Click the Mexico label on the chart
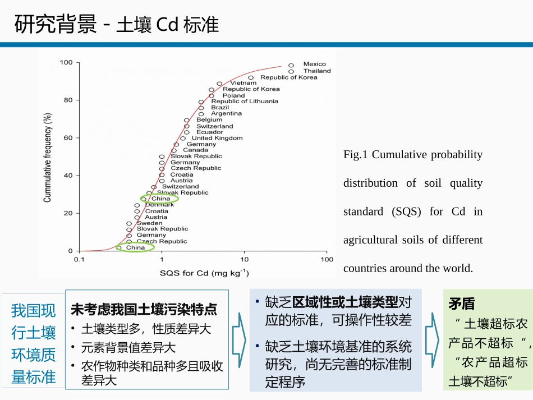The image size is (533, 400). tap(314, 65)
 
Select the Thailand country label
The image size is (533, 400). tap(317, 71)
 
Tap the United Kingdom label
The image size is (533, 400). tap(217, 138)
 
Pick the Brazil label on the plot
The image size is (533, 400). tap(220, 107)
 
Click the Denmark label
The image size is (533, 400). tap(159, 205)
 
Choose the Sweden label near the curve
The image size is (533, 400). tap(150, 223)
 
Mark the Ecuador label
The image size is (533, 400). tap(209, 132)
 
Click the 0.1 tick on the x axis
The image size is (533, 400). tap(79, 259)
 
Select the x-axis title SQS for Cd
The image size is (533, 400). tap(204, 273)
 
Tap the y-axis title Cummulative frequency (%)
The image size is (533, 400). tap(48, 157)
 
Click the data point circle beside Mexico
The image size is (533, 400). tap(291, 65)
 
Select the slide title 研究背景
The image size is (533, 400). tap(56, 25)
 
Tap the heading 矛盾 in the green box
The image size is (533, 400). tap(461, 304)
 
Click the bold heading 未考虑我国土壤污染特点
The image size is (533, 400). tap(144, 309)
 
